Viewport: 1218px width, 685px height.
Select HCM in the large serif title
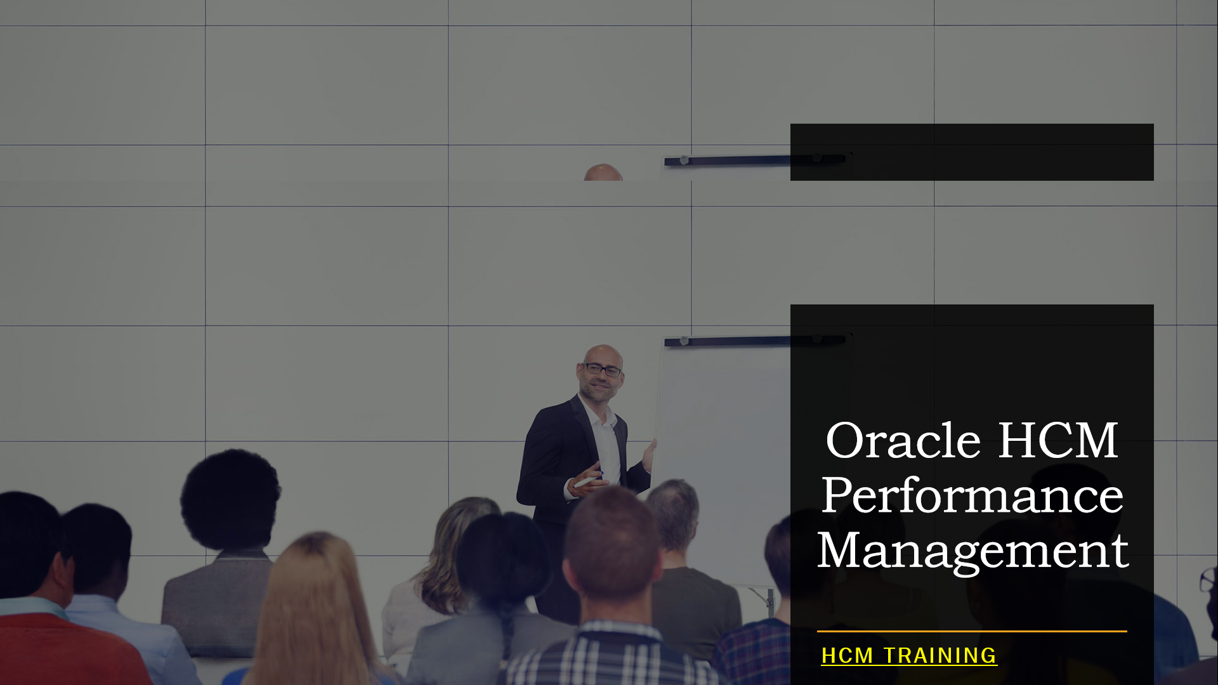coord(1058,441)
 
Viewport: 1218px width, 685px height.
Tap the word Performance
coord(972,496)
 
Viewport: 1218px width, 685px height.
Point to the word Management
coord(972,551)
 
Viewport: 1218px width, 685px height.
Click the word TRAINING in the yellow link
coord(940,656)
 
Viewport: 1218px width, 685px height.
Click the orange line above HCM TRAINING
coord(972,631)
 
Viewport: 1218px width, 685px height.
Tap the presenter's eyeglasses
coord(603,370)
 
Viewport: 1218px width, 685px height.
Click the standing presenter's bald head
coord(603,354)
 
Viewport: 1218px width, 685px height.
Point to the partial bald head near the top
coord(603,173)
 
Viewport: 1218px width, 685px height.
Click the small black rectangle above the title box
coord(972,152)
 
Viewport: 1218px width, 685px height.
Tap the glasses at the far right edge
coord(1208,580)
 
